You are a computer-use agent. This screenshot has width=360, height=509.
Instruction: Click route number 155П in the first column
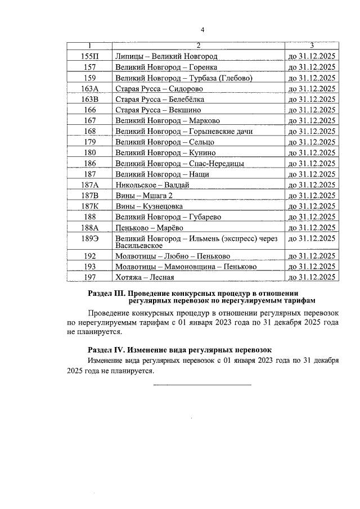[x=89, y=57]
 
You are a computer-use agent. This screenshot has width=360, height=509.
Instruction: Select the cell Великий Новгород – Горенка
[x=158, y=67]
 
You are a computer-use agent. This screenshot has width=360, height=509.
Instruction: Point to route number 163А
[x=89, y=89]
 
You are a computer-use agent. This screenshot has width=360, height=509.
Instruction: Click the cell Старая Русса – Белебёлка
[x=156, y=100]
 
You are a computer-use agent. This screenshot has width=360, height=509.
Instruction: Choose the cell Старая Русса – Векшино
[x=157, y=110]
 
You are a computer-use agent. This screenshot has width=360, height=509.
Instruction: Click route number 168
[x=89, y=132]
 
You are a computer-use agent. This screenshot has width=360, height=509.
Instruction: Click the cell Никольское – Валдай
[x=151, y=185]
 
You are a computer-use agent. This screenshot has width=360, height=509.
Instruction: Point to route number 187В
[x=89, y=196]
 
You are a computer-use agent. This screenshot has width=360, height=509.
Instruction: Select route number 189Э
[x=89, y=238]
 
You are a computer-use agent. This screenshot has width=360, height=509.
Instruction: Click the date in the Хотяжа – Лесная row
[x=312, y=277]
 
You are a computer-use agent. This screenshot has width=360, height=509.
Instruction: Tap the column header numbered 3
[x=312, y=46]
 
